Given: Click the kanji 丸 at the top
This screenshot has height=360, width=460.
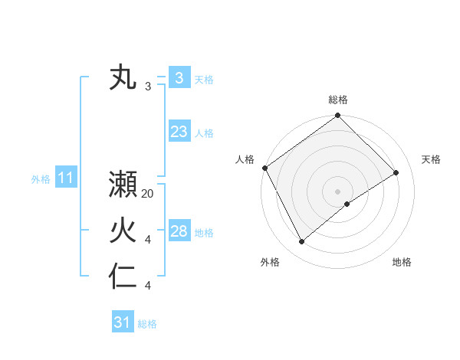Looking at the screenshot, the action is [x=123, y=78].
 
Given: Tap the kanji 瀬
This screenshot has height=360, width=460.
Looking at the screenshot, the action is [x=123, y=185].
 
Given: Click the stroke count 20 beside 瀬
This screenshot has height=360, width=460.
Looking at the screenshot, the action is [x=148, y=194].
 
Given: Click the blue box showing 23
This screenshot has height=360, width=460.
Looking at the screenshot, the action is [x=179, y=132].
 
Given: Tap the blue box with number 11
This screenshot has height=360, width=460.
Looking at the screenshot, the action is [x=65, y=178].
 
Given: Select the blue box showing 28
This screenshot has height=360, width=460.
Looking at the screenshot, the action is [x=179, y=231].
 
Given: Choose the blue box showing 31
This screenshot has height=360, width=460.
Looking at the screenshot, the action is [x=122, y=322].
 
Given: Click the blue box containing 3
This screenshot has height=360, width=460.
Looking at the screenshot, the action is [x=179, y=78].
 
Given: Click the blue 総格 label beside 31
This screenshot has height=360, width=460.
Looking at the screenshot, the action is [x=147, y=324].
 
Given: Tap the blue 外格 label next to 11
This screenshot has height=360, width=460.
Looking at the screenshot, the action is [x=41, y=179].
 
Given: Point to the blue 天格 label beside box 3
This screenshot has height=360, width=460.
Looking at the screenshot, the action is [x=204, y=79].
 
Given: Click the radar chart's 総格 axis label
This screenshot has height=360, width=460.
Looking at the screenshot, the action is [x=337, y=100].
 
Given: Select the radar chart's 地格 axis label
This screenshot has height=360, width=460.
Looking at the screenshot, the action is [x=402, y=262].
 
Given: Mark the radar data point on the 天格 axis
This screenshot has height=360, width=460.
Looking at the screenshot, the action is [x=396, y=172].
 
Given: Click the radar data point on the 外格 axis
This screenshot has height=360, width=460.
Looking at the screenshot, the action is [x=302, y=242].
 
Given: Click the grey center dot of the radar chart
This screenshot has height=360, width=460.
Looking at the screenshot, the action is [x=337, y=190].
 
